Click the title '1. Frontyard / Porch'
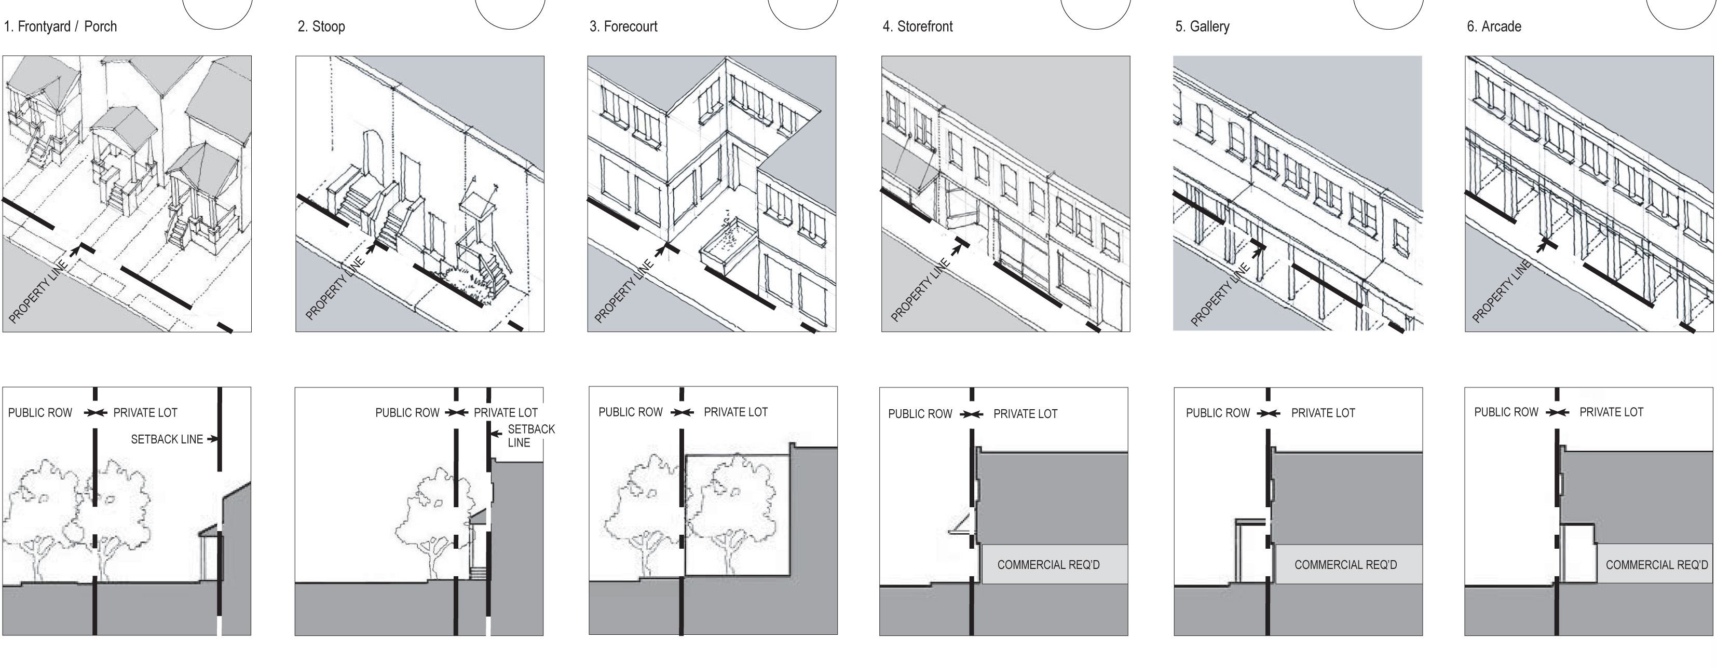pyautogui.click(x=60, y=26)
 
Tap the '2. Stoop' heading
pyautogui.click(x=321, y=26)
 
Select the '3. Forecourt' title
pyautogui.click(x=623, y=26)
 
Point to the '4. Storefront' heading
pyautogui.click(x=918, y=26)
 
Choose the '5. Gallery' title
pyautogui.click(x=1203, y=26)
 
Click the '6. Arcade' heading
pyautogui.click(x=1494, y=26)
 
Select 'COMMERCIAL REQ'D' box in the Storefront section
pyautogui.click(x=1048, y=565)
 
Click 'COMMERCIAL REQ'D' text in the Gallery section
pyautogui.click(x=1345, y=565)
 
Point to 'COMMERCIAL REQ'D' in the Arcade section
pyautogui.click(x=1656, y=565)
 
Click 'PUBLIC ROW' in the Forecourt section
pyautogui.click(x=631, y=412)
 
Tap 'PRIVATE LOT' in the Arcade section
pyautogui.click(x=1611, y=412)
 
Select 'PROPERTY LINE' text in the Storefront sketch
pyautogui.click(x=920, y=290)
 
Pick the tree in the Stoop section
pyautogui.click(x=433, y=520)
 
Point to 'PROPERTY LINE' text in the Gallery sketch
pyautogui.click(x=1220, y=295)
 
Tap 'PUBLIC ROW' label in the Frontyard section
pyautogui.click(x=40, y=413)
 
